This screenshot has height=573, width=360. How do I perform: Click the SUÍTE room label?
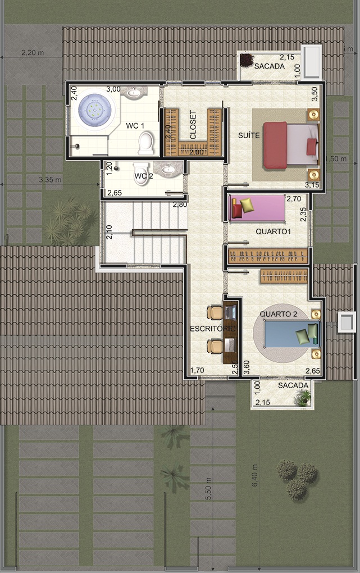click(x=249, y=135)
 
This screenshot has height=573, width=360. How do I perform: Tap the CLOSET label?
click(x=193, y=125)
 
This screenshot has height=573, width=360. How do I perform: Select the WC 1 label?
click(x=135, y=126)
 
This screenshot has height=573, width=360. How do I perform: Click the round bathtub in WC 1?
click(x=95, y=108)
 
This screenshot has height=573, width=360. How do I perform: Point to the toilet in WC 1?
click(x=146, y=143)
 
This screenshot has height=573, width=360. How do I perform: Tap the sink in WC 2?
click(x=168, y=169)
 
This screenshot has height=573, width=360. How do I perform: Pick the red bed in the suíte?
click(x=291, y=145)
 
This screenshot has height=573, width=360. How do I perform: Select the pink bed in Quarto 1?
click(x=257, y=208)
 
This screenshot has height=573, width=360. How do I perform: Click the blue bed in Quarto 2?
click(x=292, y=334)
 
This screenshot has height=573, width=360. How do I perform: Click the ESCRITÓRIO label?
click(x=213, y=329)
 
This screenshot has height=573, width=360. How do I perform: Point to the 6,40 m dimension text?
click(x=255, y=475)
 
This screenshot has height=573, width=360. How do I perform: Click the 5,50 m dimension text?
click(x=208, y=489)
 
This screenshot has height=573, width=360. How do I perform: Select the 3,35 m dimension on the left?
click(x=50, y=180)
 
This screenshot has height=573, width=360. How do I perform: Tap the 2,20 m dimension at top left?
click(x=33, y=53)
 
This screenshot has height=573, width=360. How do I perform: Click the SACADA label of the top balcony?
click(x=270, y=66)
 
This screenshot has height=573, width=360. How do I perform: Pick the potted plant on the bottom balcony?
click(x=303, y=398)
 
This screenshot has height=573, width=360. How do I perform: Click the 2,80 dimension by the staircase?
click(x=180, y=204)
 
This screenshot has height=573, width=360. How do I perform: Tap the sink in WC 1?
click(x=134, y=93)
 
